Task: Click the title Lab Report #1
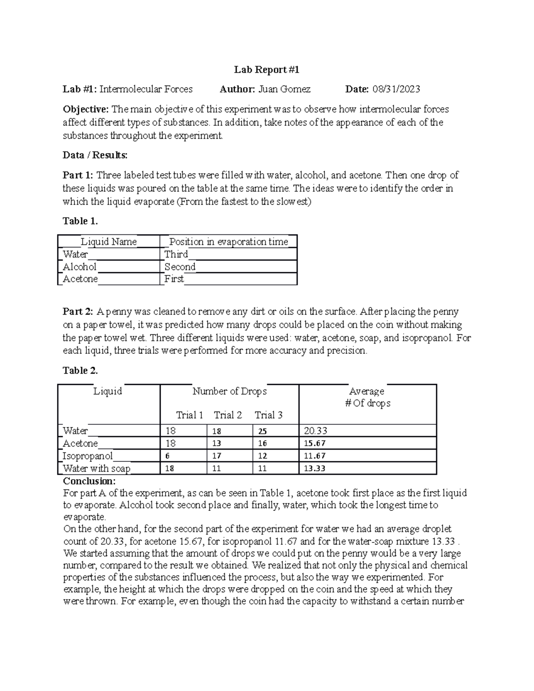click(x=267, y=70)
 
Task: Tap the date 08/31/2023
click(x=396, y=89)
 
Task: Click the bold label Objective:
click(x=85, y=109)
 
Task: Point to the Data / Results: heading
click(x=95, y=155)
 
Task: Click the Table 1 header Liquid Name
click(x=109, y=242)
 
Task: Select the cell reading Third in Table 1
click(x=176, y=255)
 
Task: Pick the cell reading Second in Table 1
click(x=180, y=267)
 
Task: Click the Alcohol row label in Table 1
click(x=80, y=267)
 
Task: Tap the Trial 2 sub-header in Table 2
click(x=228, y=415)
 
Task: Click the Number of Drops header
click(x=230, y=392)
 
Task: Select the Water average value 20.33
click(x=316, y=431)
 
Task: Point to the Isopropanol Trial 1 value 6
click(x=167, y=456)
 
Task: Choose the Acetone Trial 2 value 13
click(x=217, y=444)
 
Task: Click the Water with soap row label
click(x=97, y=469)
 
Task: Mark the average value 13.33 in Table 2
click(x=315, y=469)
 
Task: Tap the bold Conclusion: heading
click(x=89, y=481)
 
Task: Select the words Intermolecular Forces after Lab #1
click(x=146, y=89)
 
